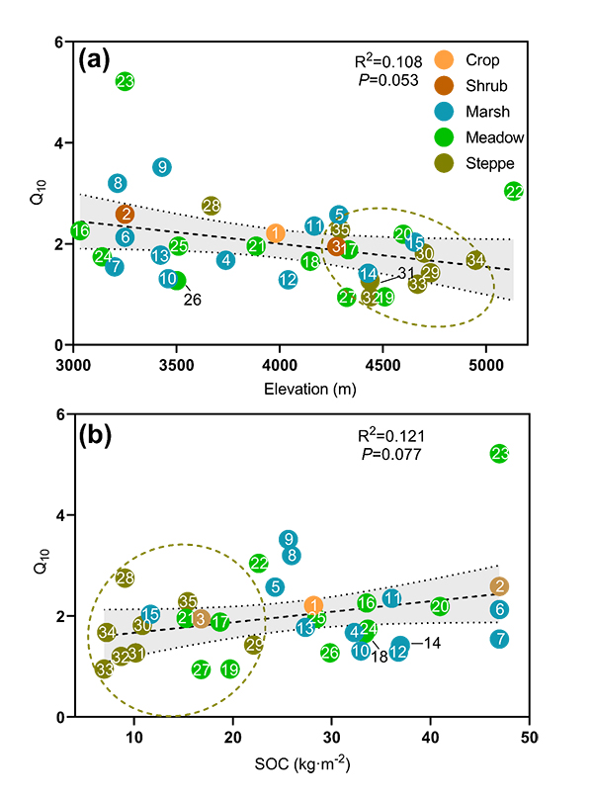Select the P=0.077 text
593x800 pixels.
tap(388, 455)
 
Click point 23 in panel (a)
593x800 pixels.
tap(125, 81)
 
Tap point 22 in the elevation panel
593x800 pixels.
tap(514, 191)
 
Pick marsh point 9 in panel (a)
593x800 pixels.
tap(162, 167)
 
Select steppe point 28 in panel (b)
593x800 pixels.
tap(125, 578)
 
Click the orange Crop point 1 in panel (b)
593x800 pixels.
tap(313, 605)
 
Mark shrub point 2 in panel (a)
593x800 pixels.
tap(126, 214)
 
